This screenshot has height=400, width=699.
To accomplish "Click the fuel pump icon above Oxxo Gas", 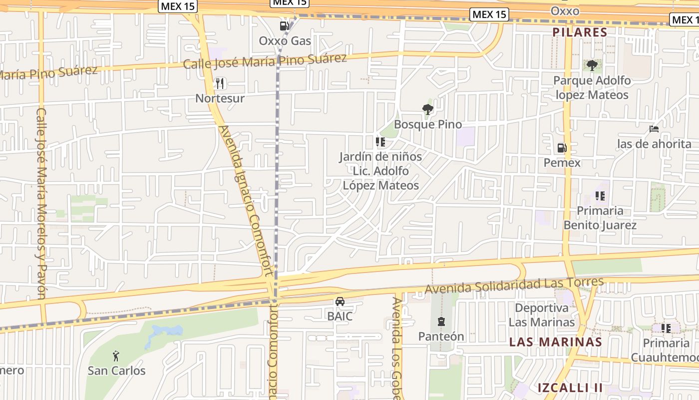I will click(x=285, y=25).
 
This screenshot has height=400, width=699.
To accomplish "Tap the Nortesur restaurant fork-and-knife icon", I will click(x=220, y=83).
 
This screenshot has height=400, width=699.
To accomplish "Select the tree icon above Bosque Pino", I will click(x=427, y=109).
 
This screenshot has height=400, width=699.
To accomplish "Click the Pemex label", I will click(x=562, y=162).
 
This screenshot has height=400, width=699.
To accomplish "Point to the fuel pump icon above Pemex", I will click(x=562, y=148).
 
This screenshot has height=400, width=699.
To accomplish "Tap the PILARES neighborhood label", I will click(x=580, y=32).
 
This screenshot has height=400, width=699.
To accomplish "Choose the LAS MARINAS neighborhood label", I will click(x=555, y=342).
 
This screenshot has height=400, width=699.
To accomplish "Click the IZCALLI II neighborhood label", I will click(x=570, y=387).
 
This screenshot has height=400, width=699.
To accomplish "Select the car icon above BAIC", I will click(x=340, y=301).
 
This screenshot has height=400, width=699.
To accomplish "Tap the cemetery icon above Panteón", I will click(x=441, y=321).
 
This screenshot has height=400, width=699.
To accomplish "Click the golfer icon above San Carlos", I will click(x=116, y=355).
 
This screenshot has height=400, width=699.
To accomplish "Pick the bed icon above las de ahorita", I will click(x=654, y=129).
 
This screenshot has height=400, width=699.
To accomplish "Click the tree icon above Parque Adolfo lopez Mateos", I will click(x=592, y=65).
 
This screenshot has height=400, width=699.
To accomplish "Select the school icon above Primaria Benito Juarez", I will click(x=600, y=196).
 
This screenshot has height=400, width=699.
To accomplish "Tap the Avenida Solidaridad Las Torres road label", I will click(x=514, y=285).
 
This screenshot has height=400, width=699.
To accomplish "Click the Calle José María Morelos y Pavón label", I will click(x=41, y=203).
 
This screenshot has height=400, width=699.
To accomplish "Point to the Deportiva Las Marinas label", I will click(x=542, y=315).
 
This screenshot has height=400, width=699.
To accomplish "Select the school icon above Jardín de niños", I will click(x=380, y=142).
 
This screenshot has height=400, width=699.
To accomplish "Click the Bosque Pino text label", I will click(x=428, y=124).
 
